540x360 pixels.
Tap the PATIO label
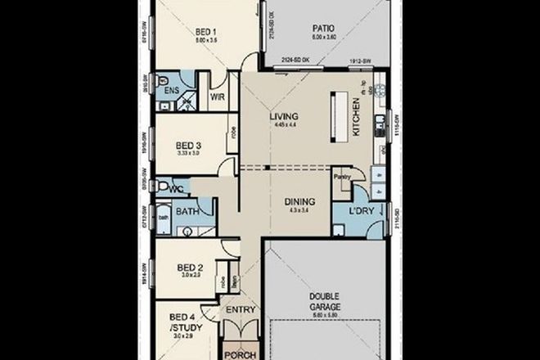(x=321, y=28)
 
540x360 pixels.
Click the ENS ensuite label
(x=171, y=91)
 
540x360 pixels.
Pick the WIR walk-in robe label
(x=217, y=96)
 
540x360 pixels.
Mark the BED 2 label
(x=189, y=267)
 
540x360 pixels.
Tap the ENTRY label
(x=242, y=309)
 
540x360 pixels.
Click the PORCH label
(x=242, y=354)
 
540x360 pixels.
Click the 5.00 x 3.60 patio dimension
(x=321, y=37)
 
